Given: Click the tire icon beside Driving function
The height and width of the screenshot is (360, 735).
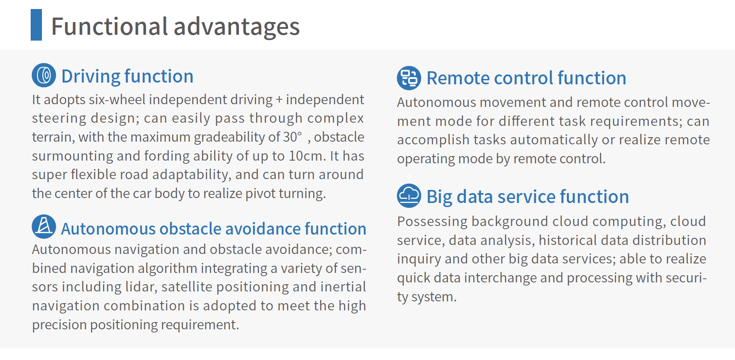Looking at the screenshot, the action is coord(44,75).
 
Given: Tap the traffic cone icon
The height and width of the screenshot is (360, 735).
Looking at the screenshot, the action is coord(44,226).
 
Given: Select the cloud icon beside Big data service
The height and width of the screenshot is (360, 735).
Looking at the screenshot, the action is coord(409,196).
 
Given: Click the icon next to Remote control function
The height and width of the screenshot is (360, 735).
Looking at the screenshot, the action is coord(409,78).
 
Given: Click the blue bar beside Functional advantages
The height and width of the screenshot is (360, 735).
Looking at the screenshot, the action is coord(36,25).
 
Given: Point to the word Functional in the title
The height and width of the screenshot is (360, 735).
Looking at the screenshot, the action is coord(110,26).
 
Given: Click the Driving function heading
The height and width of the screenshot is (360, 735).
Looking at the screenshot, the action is coord(127,76).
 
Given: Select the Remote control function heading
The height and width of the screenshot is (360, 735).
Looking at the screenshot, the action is coord(526,78).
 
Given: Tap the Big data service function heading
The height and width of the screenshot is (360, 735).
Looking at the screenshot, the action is coord(528,197).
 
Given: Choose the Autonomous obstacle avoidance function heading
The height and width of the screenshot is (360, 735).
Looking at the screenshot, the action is coord(214,229).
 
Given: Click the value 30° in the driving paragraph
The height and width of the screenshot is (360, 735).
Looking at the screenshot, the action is coord(292,137).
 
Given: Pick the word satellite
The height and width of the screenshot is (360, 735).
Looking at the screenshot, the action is coord(187,287).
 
